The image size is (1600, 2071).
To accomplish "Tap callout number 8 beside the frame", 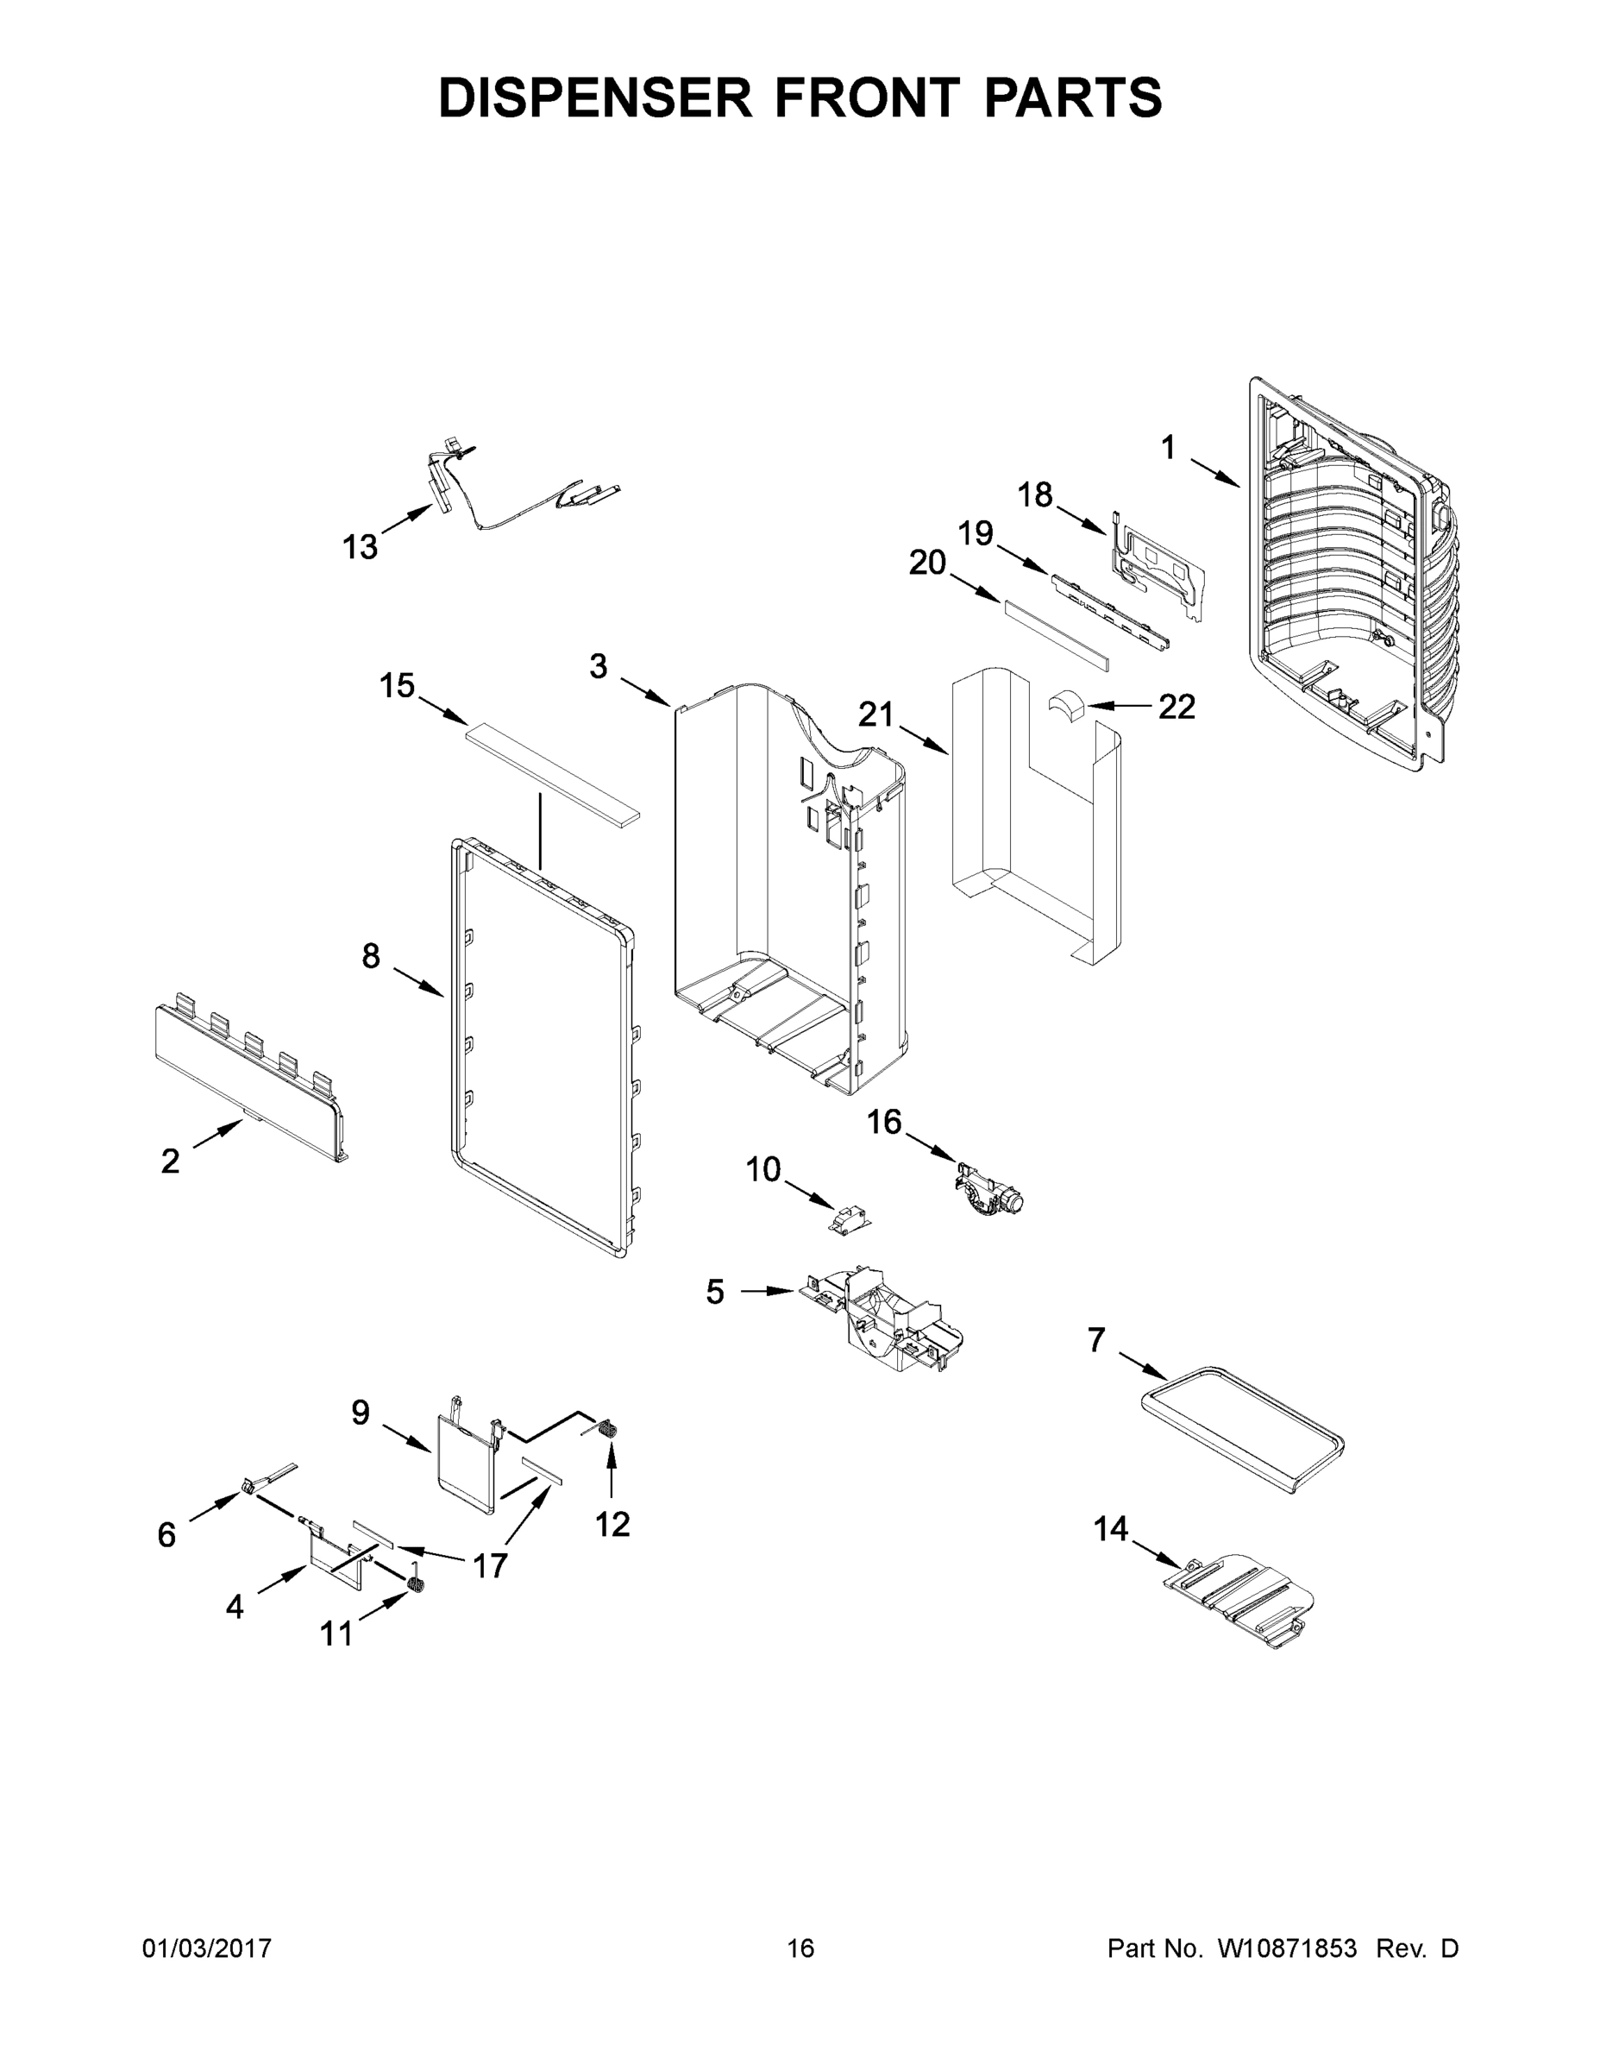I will point(371,956).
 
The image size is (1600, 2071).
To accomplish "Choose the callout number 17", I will point(489,1565).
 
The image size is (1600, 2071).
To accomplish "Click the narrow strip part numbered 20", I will point(1057,633).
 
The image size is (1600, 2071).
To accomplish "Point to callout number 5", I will point(715,1292).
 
